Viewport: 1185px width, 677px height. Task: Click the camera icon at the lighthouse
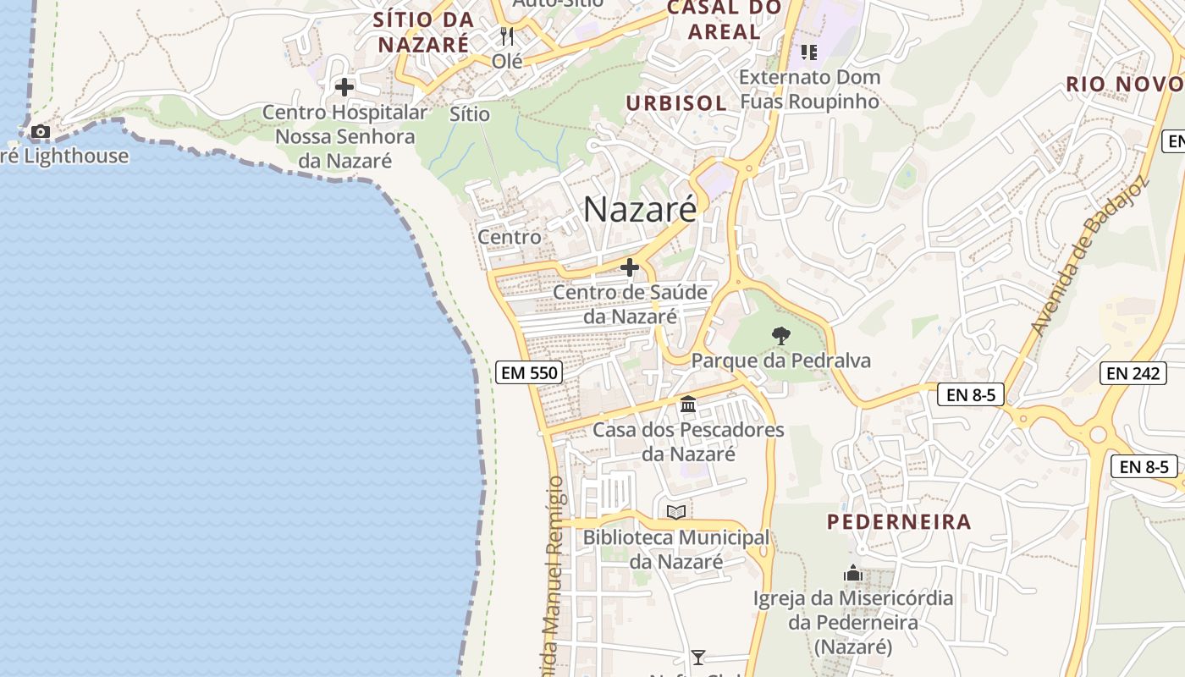point(40,132)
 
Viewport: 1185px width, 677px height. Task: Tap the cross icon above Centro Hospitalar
point(344,87)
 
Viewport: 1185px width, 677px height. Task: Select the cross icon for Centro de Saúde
point(630,267)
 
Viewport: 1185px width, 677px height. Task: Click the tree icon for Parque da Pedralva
point(781,336)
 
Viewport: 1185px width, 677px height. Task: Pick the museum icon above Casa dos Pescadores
point(688,405)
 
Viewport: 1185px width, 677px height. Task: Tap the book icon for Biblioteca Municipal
point(675,512)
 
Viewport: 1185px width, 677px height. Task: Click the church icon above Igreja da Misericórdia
point(853,574)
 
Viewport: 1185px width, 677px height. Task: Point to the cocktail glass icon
point(698,657)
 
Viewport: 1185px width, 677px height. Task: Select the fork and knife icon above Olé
point(507,36)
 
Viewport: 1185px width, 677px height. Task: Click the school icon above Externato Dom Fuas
point(809,52)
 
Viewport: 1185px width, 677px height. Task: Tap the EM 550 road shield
point(529,372)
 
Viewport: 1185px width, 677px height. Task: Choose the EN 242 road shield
point(1133,372)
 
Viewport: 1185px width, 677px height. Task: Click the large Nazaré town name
point(641,209)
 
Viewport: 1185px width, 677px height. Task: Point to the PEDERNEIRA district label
point(899,521)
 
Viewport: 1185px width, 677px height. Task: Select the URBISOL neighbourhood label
point(675,103)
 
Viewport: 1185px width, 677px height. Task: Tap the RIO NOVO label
point(1124,84)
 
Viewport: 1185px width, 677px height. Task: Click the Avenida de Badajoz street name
point(1089,256)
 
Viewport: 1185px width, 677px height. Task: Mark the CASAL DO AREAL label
point(725,20)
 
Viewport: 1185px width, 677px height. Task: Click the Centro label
point(510,237)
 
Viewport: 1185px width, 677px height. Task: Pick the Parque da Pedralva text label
point(781,361)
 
